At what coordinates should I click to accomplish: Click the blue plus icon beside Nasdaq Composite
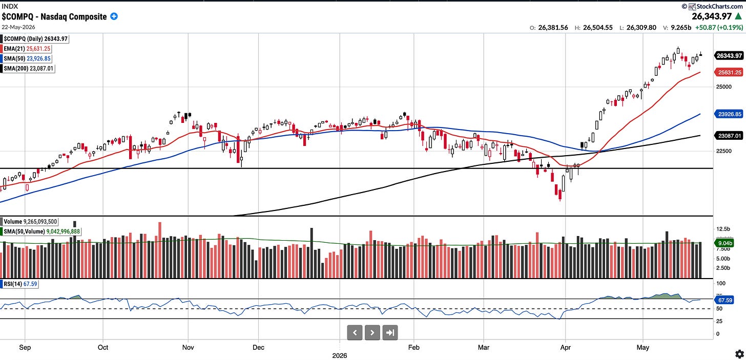(114, 16)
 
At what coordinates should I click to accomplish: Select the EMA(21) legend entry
(26, 49)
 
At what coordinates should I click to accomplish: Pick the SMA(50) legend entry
(26, 58)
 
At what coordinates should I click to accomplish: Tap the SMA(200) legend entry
(28, 69)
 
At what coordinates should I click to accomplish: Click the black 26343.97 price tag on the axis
(729, 56)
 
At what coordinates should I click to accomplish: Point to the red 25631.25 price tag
(729, 72)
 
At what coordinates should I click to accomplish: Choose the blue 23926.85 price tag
(729, 114)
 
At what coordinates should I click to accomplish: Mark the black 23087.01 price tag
(729, 136)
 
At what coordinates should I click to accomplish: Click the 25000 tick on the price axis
(724, 87)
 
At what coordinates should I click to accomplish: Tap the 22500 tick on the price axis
(724, 151)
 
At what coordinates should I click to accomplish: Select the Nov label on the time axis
(188, 347)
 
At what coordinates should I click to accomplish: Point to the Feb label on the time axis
(413, 347)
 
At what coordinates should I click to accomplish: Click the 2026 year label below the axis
(340, 356)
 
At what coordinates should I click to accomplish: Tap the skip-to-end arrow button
(390, 332)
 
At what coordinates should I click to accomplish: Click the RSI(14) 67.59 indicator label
(19, 284)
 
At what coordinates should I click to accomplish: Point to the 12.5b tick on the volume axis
(723, 229)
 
